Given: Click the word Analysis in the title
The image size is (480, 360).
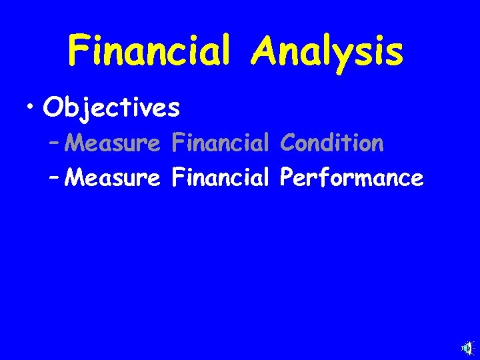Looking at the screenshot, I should tap(327, 52).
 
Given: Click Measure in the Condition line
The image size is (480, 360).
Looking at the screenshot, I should tap(114, 143).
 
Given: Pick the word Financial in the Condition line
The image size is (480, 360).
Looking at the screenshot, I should tap(220, 143).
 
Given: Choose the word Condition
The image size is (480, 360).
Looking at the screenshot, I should tap(332, 143).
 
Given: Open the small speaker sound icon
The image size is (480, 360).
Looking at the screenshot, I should tap(467, 348).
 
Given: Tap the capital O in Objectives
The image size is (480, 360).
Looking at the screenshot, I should tap(52, 108).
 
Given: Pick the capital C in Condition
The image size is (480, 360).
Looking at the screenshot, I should tap(288, 143).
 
